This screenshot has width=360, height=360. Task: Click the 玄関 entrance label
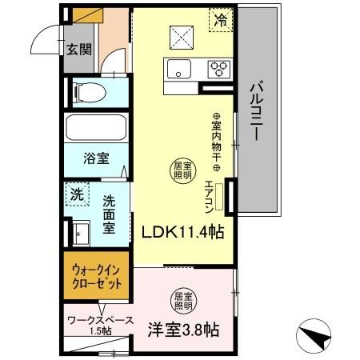pyautogui.click(x=78, y=50)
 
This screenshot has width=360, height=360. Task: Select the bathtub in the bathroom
pyautogui.click(x=96, y=127)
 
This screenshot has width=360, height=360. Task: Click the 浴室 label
pyautogui.click(x=96, y=158)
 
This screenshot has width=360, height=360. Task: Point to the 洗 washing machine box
pyautogui.click(x=77, y=194)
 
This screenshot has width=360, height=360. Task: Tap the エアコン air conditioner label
pyautogui.click(x=209, y=196)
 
